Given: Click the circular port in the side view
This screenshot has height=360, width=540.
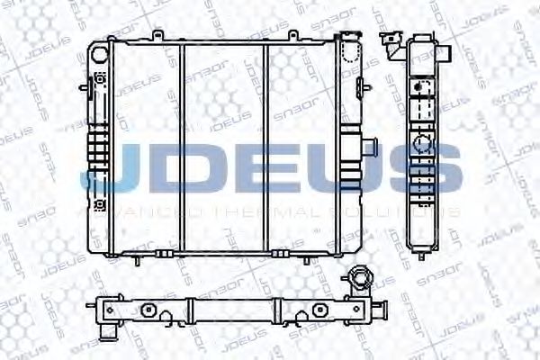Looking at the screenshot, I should (x=420, y=144).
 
